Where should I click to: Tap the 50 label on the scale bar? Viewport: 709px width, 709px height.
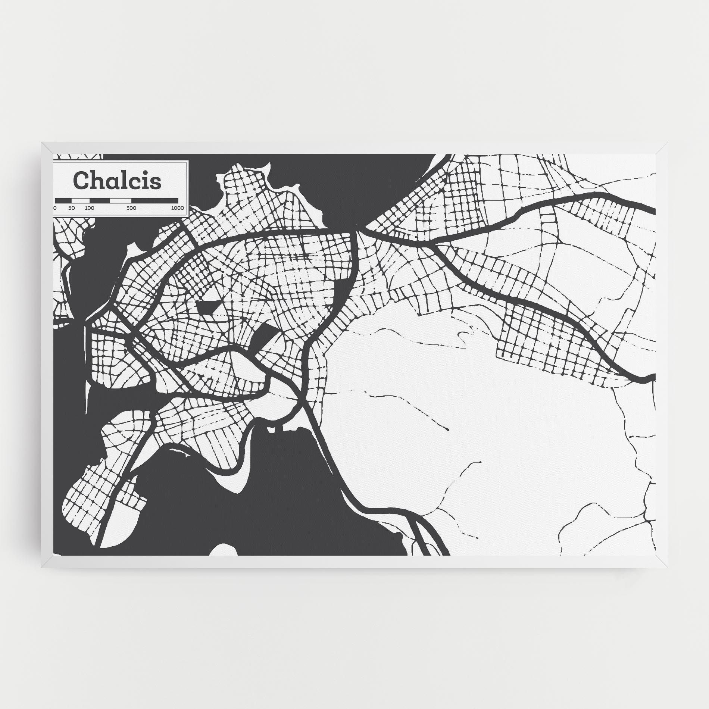pos(72,208)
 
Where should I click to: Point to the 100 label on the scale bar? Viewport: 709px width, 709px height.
pos(90,208)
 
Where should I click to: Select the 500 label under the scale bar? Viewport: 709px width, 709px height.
pos(131,208)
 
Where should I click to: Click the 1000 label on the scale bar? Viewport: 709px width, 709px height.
pos(178,208)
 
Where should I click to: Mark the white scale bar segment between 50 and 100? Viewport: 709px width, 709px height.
pos(80,200)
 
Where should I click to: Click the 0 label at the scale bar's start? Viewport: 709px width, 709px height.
pos(55,208)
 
